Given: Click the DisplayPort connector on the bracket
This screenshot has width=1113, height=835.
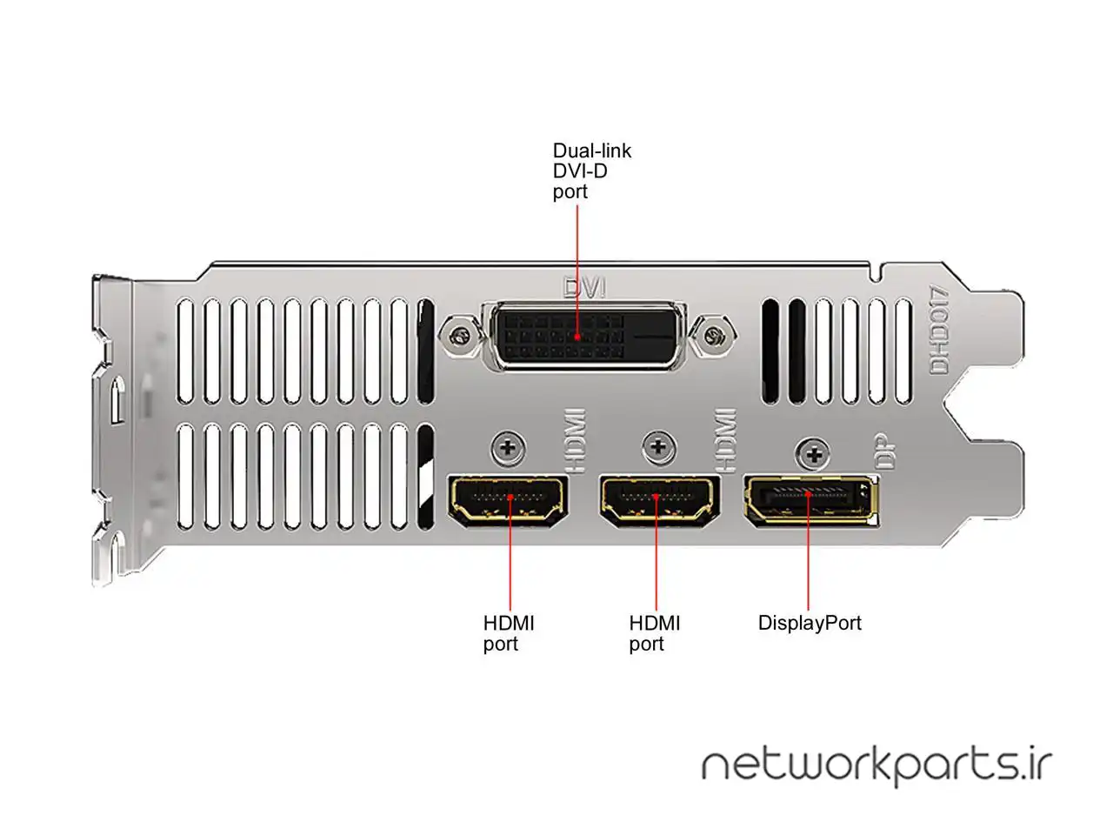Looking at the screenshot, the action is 810,501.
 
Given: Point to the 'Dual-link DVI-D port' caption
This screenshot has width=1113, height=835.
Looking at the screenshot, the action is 592,171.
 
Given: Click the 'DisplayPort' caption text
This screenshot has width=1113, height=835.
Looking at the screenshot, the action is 810,624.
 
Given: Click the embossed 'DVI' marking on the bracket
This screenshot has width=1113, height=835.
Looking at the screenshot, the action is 584,287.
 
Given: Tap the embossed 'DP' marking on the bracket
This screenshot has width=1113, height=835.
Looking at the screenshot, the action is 886,451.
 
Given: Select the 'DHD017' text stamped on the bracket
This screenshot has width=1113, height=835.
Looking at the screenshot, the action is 939,330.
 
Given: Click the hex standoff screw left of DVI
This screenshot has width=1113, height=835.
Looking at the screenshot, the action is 460,335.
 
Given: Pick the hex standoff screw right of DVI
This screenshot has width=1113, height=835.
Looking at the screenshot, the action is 715,335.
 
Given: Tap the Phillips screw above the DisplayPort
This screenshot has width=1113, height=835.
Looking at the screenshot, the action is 813,454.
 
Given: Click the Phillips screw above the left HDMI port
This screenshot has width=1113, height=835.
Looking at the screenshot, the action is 509,448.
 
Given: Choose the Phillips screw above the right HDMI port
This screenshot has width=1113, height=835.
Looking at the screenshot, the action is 659,448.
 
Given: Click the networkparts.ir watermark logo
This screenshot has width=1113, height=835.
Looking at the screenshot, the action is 876,767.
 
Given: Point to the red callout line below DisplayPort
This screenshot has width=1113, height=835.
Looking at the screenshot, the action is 808,551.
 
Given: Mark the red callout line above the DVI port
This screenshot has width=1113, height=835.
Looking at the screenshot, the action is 577,271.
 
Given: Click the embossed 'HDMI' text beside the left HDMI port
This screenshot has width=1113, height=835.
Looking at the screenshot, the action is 576,441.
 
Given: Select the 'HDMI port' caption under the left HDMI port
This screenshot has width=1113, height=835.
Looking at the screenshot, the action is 509,634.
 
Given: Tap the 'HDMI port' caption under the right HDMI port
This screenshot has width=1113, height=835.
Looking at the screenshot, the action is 655,634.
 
